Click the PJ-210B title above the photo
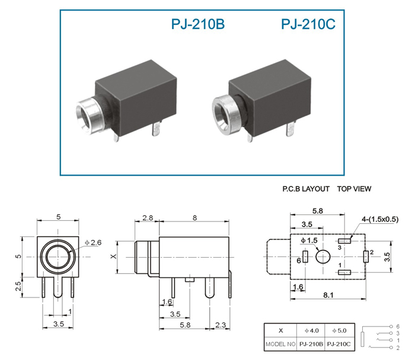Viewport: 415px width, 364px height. [x=197, y=24]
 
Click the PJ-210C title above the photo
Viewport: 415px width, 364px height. [x=308, y=24]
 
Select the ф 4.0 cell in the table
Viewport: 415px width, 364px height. [x=311, y=331]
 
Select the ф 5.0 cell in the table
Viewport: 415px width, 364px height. [x=339, y=331]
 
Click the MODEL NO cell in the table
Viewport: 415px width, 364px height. [x=280, y=344]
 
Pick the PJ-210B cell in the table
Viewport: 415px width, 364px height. [x=311, y=344]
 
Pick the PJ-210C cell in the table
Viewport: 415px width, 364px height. [x=339, y=344]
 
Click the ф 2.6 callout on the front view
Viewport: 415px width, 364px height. [x=93, y=243]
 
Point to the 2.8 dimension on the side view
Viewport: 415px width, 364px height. [x=148, y=218]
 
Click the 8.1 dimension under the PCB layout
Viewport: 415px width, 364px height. [x=328, y=295]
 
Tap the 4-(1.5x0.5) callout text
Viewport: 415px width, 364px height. [x=380, y=219]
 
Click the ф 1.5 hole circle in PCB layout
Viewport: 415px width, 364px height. [x=323, y=257]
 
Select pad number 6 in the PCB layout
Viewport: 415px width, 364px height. [x=305, y=257]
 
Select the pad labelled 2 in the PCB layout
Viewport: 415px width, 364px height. [x=366, y=257]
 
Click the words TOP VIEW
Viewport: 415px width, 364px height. [x=354, y=189]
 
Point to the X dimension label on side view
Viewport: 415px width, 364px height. [x=114, y=257]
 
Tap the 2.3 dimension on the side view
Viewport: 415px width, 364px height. [x=221, y=325]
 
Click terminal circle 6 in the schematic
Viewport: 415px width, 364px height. [x=391, y=327]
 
